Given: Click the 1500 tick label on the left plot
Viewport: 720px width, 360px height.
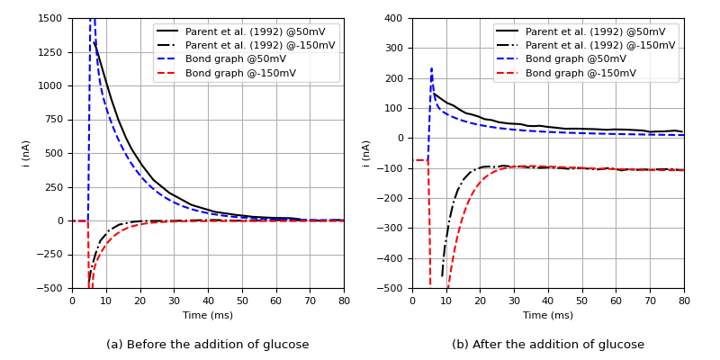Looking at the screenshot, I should point(52,19).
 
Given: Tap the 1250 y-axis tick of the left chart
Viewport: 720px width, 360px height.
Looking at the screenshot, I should point(52,52).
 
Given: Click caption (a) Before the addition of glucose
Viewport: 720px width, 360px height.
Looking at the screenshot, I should point(208,345).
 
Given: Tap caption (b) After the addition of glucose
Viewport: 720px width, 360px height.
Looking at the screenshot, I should point(548,345).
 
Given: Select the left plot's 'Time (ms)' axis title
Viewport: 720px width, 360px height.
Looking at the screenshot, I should point(208,315).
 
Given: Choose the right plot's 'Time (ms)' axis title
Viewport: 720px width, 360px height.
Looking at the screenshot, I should point(548,315).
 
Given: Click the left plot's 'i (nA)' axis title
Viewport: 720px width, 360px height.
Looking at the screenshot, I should point(27,153).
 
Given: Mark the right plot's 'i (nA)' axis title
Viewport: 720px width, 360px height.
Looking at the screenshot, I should point(367,153).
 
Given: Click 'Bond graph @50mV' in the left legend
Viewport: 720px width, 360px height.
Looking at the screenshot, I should point(236,59).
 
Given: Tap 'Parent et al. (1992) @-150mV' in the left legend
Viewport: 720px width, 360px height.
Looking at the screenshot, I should point(259,45).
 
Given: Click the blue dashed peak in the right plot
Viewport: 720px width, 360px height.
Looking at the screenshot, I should point(431,68).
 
